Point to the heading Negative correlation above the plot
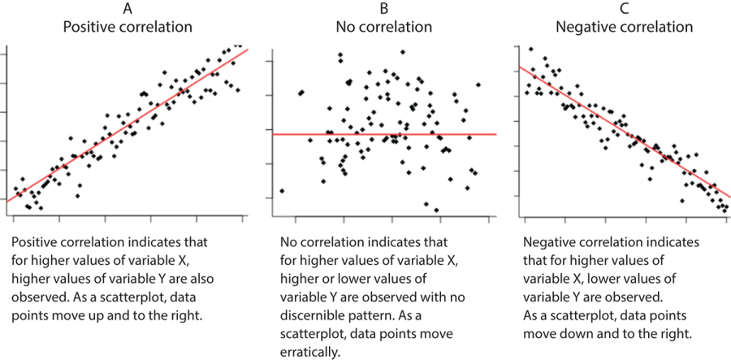[624, 26]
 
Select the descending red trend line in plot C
[625, 134]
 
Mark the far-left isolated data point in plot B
[281, 190]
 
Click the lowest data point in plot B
[436, 210]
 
